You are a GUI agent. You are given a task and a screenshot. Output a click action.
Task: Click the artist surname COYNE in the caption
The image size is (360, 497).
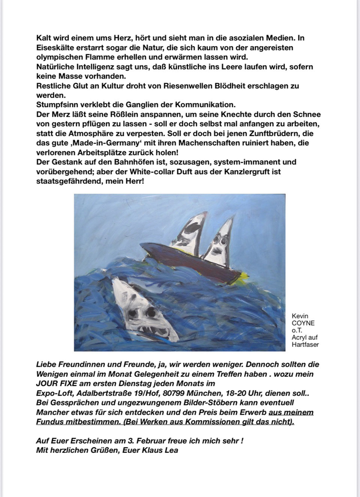click(303, 324)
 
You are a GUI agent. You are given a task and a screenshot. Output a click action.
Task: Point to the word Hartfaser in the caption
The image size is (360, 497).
click(305, 344)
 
